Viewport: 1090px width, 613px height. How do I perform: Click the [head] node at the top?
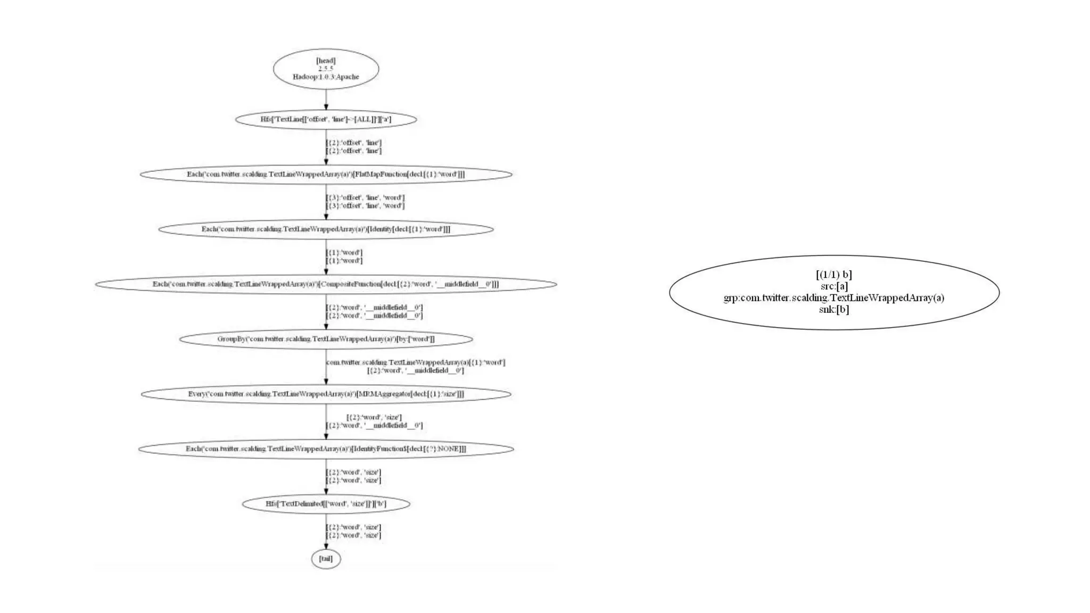click(x=326, y=69)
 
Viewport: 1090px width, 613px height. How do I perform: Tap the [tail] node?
click(x=326, y=559)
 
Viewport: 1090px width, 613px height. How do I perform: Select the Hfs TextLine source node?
click(x=326, y=119)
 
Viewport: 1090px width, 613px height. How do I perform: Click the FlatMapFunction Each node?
click(x=326, y=174)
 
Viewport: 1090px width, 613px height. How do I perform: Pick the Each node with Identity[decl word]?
click(x=326, y=229)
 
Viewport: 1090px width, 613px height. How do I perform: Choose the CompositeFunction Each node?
click(x=326, y=284)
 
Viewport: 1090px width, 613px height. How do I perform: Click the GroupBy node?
click(x=326, y=339)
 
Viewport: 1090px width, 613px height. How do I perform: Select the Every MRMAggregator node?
click(x=326, y=394)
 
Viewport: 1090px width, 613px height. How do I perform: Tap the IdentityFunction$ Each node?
click(x=326, y=449)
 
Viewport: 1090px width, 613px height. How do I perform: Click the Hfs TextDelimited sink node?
click(x=326, y=503)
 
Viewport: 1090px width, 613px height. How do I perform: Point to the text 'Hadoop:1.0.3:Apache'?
click(x=326, y=77)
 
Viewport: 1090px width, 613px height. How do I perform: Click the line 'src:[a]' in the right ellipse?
click(x=834, y=286)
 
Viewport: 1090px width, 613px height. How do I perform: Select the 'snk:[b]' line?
click(x=834, y=309)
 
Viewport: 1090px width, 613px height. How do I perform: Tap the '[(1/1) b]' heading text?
click(x=834, y=275)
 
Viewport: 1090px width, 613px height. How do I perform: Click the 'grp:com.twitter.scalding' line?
click(x=834, y=298)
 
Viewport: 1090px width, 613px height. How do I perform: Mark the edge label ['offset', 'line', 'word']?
click(x=365, y=202)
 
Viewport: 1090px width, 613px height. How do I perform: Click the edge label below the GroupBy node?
click(x=415, y=366)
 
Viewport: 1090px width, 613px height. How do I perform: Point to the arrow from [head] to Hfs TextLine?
click(x=326, y=100)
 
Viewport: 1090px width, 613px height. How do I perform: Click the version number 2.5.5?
click(x=326, y=69)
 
